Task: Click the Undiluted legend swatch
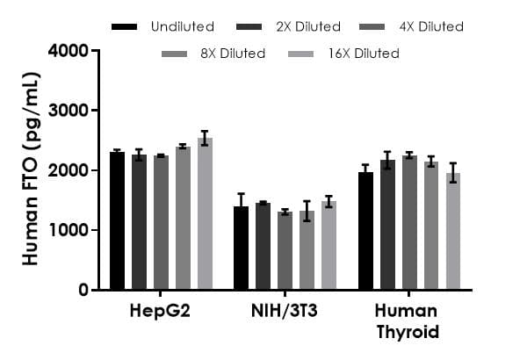tap(125, 27)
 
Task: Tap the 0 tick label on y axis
tap(84, 290)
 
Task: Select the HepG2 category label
tap(161, 312)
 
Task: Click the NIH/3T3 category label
tap(285, 312)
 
